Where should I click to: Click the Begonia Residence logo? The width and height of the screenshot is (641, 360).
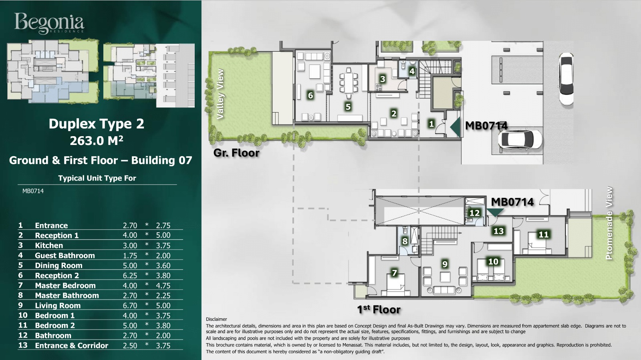pos(49,24)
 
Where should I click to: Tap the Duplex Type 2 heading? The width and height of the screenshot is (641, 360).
pos(97,124)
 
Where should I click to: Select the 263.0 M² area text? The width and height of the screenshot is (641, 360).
pos(97,141)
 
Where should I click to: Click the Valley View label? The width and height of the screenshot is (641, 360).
pos(220,94)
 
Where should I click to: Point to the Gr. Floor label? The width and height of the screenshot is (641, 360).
pos(236,153)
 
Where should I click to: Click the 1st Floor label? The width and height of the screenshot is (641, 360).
pos(379,310)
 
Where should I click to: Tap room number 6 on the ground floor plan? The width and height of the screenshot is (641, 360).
pos(310,95)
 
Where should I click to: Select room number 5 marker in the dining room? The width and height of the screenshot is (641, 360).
pos(348,107)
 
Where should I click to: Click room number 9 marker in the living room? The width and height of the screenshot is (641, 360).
pos(445,264)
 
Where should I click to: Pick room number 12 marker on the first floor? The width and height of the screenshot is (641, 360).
pos(474,213)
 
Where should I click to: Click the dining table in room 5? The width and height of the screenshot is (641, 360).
pos(349,80)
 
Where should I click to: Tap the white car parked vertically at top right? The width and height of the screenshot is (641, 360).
pos(566,79)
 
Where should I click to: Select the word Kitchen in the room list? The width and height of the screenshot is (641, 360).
pos(49,245)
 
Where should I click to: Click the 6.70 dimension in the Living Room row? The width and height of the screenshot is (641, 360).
pos(130,306)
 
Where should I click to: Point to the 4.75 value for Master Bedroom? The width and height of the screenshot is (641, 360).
pos(163,286)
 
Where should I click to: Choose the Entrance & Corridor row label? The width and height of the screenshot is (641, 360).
pos(72,346)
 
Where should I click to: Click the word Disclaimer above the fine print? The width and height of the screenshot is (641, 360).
pos(216,319)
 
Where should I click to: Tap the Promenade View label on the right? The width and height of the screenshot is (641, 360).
pos(609,223)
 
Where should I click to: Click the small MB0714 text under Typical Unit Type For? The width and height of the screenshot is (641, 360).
pos(33,191)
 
